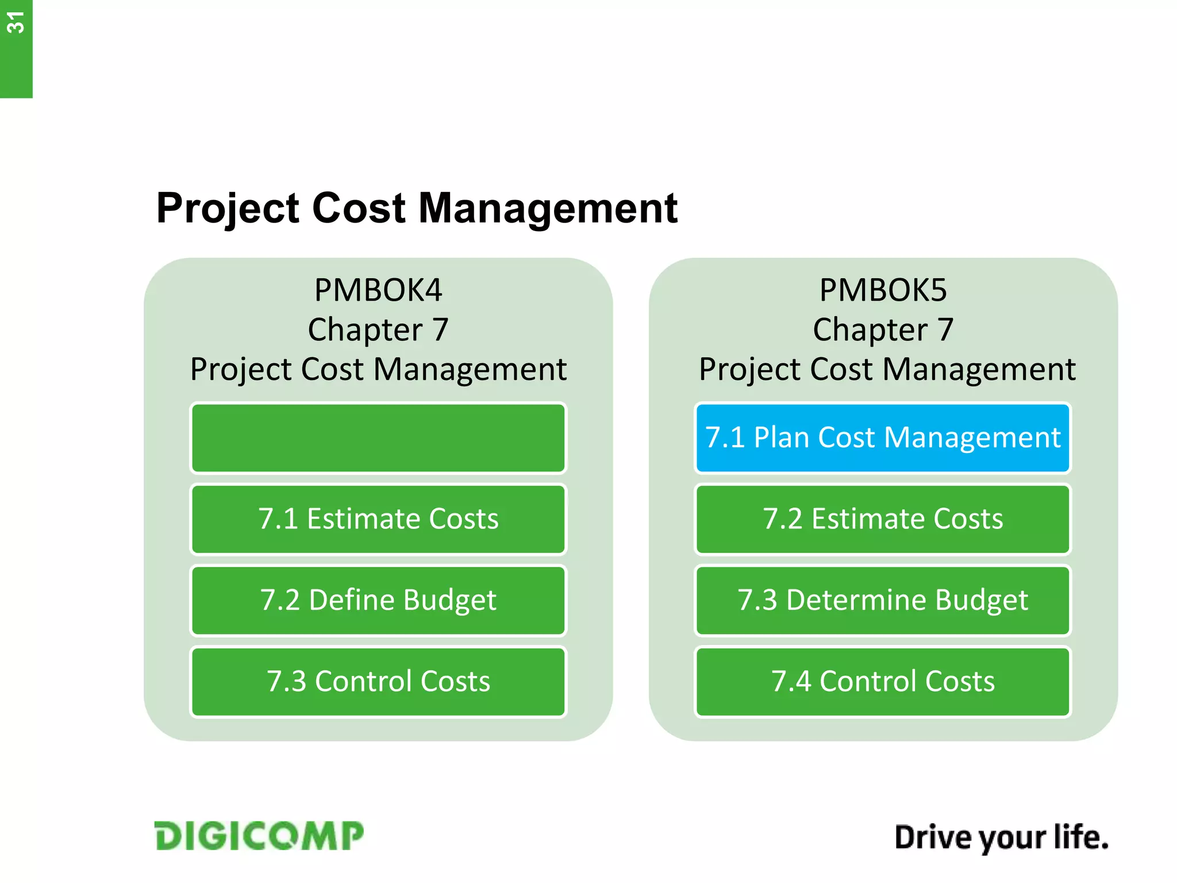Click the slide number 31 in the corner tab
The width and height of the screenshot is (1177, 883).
pyautogui.click(x=16, y=23)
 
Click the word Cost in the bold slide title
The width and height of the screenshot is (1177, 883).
pyautogui.click(x=359, y=208)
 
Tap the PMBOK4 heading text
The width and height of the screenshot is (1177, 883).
pyautogui.click(x=378, y=290)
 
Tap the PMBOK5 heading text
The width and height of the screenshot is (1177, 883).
pyautogui.click(x=883, y=290)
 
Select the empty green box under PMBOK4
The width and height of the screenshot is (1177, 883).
pyautogui.click(x=378, y=438)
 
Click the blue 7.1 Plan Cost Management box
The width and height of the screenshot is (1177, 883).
pyautogui.click(x=883, y=438)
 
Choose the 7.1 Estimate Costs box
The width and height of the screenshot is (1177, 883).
pyautogui.click(x=378, y=519)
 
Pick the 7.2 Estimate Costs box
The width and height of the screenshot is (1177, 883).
pyautogui.click(x=883, y=519)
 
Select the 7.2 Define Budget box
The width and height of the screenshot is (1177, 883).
pyautogui.click(x=378, y=600)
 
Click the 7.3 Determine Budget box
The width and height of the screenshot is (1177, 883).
pyautogui.click(x=883, y=600)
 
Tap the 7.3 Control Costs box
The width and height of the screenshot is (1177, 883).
pyautogui.click(x=378, y=682)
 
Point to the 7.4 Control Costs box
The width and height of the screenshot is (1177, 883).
pyautogui.click(x=883, y=682)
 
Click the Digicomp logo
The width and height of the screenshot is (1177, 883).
pyautogui.click(x=259, y=836)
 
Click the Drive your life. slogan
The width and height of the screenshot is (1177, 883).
pyautogui.click(x=1001, y=838)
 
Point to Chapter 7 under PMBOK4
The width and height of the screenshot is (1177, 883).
pyautogui.click(x=378, y=330)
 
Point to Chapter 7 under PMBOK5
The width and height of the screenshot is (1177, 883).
pyautogui.click(x=883, y=330)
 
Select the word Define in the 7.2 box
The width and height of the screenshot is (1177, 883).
pyautogui.click(x=352, y=600)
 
